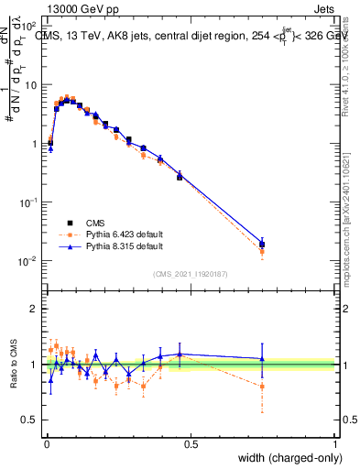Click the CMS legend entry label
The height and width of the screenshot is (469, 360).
click(x=95, y=222)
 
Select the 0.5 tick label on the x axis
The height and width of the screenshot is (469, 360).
click(x=191, y=443)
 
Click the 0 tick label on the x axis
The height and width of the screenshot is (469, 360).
click(x=47, y=443)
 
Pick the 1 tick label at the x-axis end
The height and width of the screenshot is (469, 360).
click(x=335, y=443)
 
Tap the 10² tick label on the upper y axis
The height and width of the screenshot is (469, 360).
click(x=28, y=26)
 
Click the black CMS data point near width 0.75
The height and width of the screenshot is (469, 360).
click(x=262, y=245)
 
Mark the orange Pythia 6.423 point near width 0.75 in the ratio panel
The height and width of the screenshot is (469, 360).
click(x=262, y=387)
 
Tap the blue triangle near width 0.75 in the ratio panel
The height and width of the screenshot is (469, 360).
click(x=262, y=358)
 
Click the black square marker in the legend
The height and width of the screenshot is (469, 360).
click(x=70, y=222)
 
